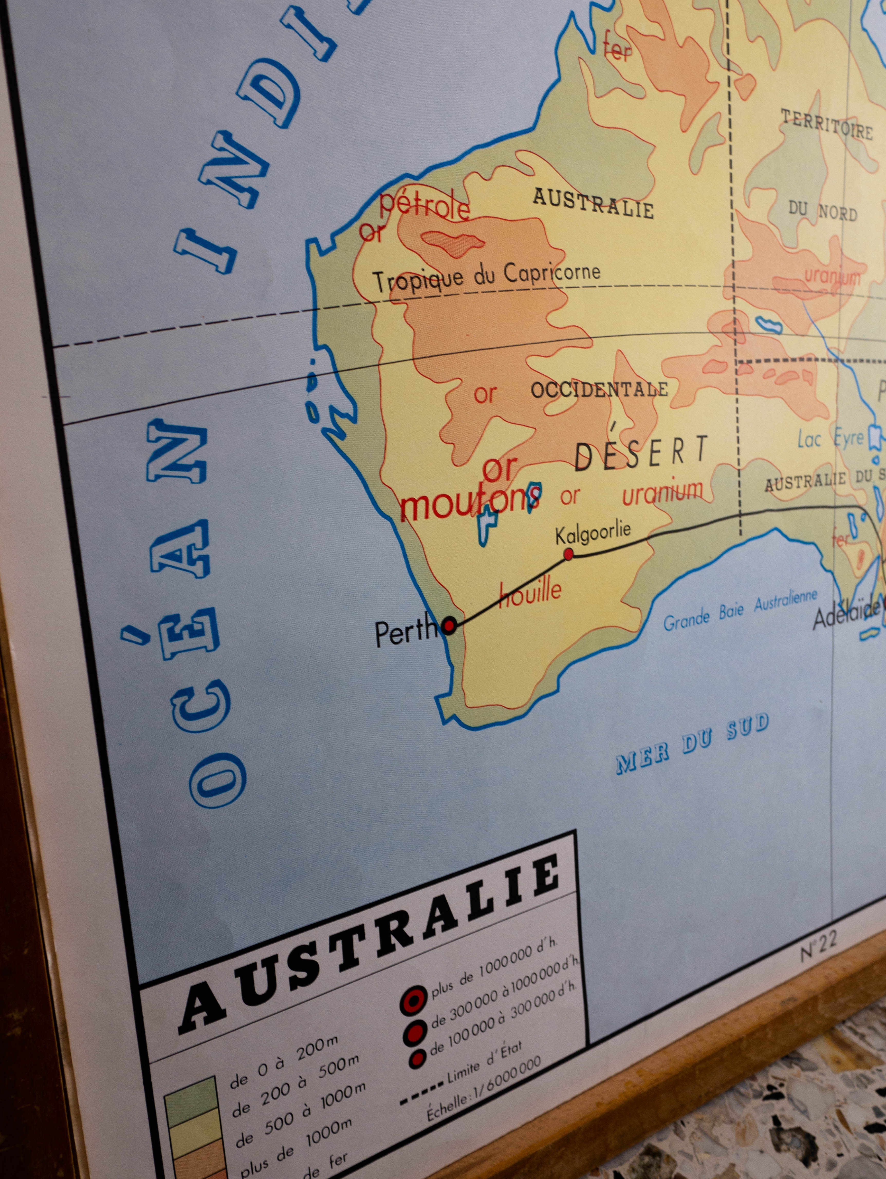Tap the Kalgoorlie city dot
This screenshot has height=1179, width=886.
click(569, 554)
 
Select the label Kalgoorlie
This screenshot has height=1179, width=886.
click(593, 533)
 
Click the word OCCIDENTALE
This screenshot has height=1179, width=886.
click(599, 390)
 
